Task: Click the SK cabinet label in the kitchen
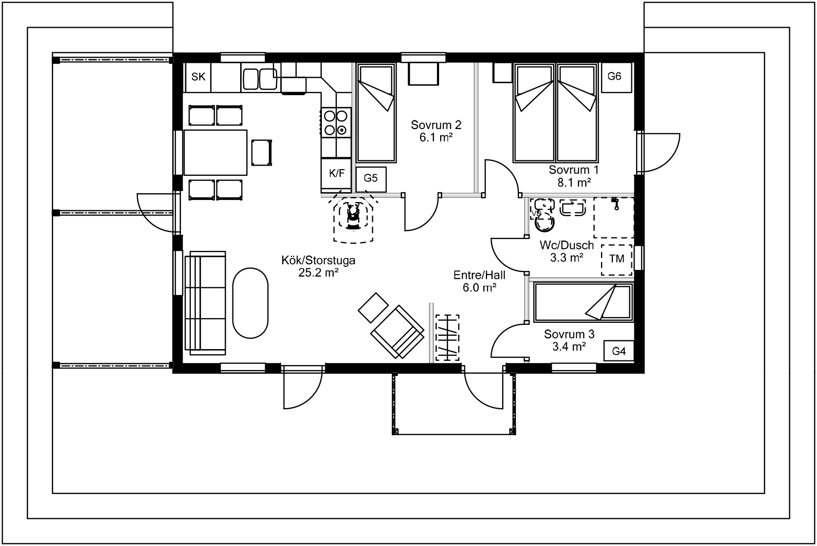point(198,77)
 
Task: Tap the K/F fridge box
point(336,173)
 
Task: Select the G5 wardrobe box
point(371,179)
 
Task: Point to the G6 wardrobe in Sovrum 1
point(616,77)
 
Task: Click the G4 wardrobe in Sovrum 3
point(619,351)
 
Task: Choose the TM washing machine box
point(617,260)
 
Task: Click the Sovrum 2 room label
point(436,125)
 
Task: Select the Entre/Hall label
point(479,275)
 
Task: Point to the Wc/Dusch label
point(567,245)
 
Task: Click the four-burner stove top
point(336,122)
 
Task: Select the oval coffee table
point(250,303)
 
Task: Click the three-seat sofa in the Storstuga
point(205,303)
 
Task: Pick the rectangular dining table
point(215,153)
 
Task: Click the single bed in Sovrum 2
point(376,113)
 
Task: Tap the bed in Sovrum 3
point(583,302)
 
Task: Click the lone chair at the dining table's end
point(262,153)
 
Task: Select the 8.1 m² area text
point(574,183)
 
